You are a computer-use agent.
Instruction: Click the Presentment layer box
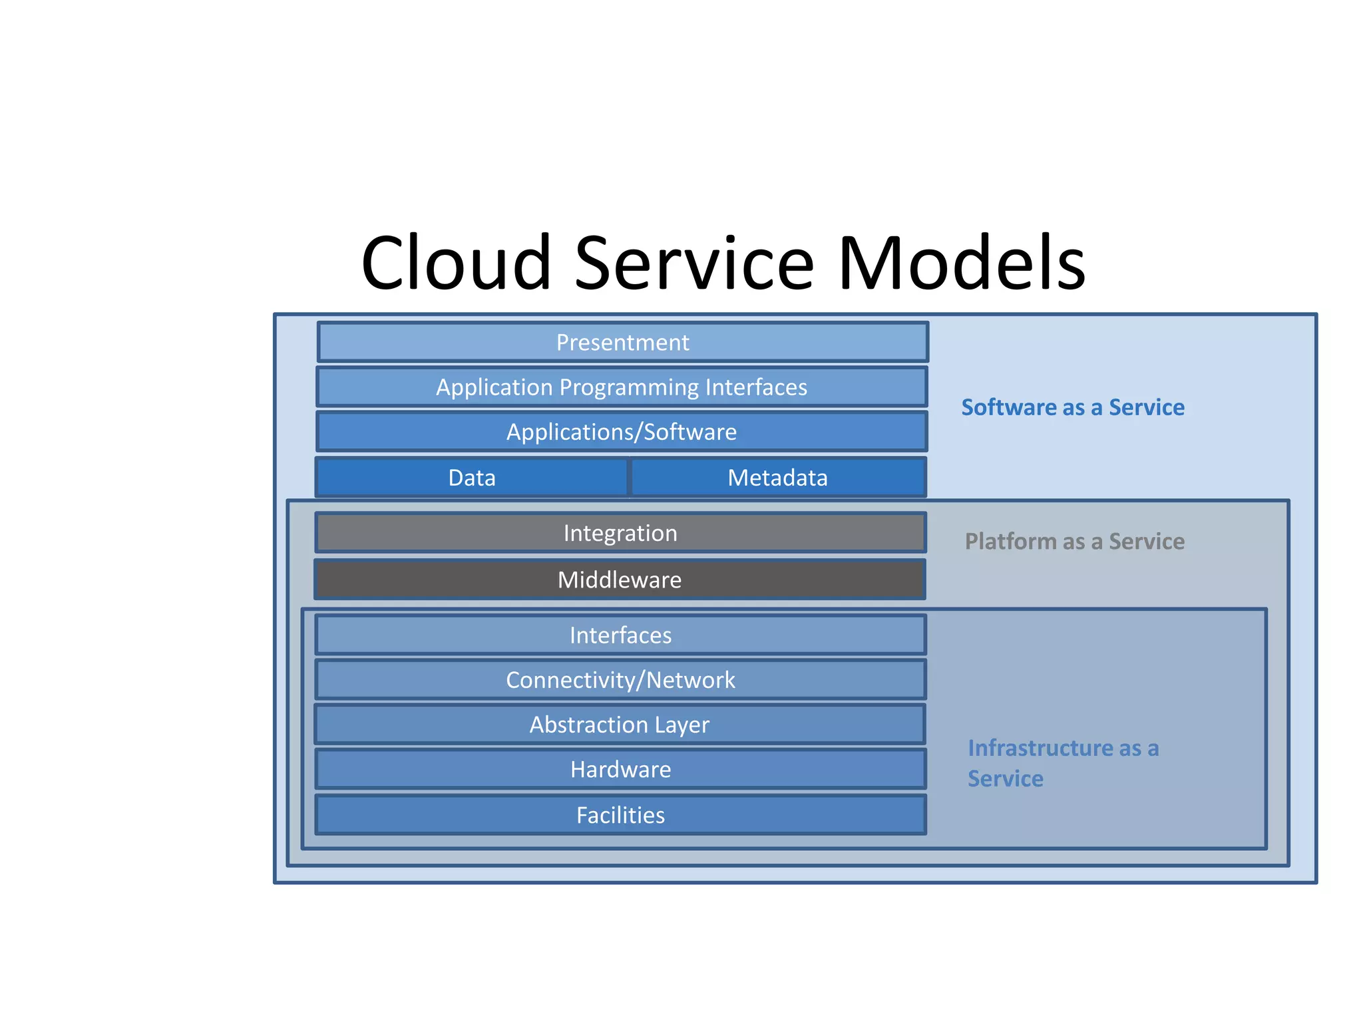pos(622,343)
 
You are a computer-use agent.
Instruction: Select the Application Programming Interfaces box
pos(622,387)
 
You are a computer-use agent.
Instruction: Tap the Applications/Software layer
pos(622,432)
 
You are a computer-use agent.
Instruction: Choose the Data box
pos(472,478)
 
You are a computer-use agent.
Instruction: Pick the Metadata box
pos(777,478)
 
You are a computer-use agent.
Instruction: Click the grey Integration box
pos(620,533)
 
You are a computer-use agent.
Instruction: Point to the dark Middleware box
pos(620,580)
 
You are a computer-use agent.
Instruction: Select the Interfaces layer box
pos(620,635)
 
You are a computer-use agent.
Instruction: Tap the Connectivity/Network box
pos(620,680)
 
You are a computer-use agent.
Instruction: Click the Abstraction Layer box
pos(620,725)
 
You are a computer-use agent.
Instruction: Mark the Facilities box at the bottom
pos(620,815)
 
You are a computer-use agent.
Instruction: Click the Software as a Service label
pos(1073,407)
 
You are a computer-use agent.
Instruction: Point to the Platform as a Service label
pos(1074,542)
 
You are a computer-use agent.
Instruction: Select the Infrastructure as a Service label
pos(1063,763)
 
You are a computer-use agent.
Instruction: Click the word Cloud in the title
pos(456,263)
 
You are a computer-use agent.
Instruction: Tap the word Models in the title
pos(962,263)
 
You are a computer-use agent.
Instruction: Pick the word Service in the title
pos(694,263)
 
